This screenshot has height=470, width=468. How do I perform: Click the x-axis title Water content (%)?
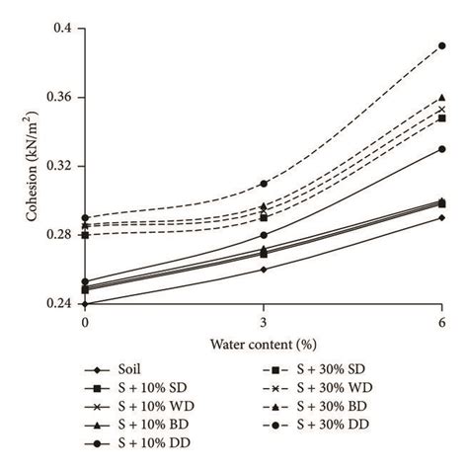[x=262, y=344]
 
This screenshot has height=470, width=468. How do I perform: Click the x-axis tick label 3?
[x=263, y=323]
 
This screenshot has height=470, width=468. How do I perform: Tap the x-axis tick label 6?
[x=441, y=323]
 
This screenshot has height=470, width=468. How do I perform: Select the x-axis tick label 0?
[x=85, y=323]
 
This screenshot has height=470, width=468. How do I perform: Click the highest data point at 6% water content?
[x=441, y=45]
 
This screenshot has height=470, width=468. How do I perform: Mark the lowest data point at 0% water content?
[x=85, y=304]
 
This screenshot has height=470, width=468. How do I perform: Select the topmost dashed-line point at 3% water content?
[x=263, y=184]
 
